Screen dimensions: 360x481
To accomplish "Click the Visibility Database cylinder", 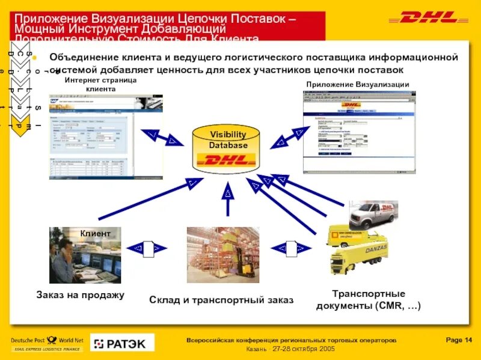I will [228, 148].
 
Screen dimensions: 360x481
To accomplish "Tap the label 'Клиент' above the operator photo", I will [96, 233].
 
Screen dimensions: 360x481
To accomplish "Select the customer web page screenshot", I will [106, 136].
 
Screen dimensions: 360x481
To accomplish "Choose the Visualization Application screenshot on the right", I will [359, 132].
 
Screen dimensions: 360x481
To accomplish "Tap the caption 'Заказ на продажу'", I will [80, 295].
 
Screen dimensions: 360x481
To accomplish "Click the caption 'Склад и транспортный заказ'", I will [221, 299].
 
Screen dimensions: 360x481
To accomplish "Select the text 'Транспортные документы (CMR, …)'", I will [369, 300].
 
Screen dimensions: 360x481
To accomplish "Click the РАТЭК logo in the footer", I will [122, 343].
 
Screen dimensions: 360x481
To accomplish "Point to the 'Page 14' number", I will [459, 340].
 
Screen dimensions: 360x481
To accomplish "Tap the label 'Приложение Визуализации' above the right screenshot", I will [357, 84].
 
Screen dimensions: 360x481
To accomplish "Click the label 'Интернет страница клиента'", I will [100, 84].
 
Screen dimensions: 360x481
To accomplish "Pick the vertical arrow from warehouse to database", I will [227, 199].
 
